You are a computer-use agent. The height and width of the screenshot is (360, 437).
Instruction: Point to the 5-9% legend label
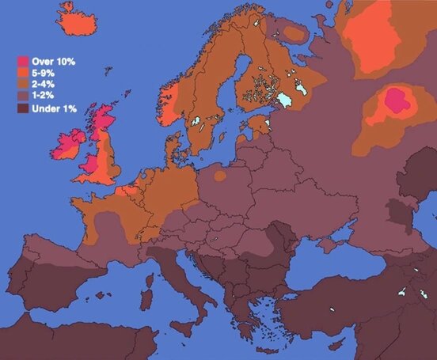(44, 73)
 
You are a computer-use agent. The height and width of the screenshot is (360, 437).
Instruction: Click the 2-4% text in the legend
(44, 85)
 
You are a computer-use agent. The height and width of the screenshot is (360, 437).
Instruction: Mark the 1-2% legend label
(44, 97)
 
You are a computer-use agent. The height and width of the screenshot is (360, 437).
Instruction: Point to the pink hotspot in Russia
(394, 101)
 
